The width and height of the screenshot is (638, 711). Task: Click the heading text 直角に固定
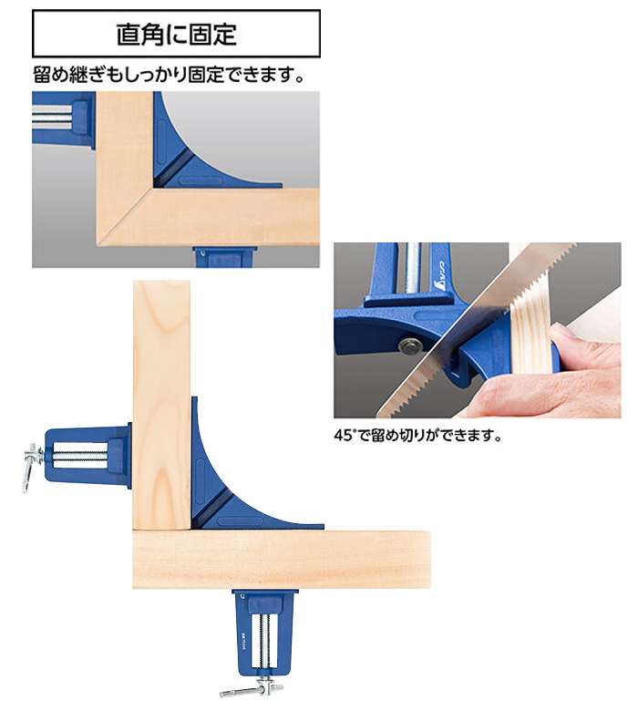[177, 35]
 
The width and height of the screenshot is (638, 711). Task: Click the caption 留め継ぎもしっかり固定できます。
[169, 75]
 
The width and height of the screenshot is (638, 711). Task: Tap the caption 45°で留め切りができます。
[417, 436]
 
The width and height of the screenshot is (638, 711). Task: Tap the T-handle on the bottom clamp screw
[246, 689]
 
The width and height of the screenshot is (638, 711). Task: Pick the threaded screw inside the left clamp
[81, 455]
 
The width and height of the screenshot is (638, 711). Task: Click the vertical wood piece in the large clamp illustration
[161, 405]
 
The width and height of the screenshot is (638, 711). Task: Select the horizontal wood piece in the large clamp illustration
[282, 560]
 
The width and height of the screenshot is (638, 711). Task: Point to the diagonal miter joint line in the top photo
[125, 216]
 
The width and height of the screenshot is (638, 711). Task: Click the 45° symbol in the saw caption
[344, 436]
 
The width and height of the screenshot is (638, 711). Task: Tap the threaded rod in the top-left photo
[52, 116]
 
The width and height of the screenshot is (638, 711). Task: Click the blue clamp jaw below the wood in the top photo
[224, 257]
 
